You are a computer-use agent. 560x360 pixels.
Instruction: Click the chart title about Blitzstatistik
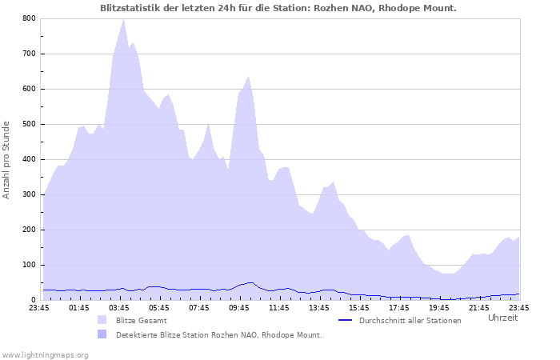point(279,8)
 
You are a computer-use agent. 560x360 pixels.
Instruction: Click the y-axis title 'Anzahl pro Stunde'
point(7,160)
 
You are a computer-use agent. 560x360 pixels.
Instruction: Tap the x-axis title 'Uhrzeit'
point(502,318)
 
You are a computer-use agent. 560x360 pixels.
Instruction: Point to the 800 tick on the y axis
point(28,18)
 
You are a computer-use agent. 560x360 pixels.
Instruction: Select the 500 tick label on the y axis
point(28,124)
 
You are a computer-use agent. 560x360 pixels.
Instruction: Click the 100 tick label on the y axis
point(28,265)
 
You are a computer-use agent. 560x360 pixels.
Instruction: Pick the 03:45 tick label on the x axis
point(119,307)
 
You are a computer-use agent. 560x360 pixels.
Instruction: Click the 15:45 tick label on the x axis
point(359,307)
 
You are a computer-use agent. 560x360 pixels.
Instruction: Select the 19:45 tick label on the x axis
point(439,307)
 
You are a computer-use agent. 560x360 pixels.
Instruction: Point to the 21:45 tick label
point(479,307)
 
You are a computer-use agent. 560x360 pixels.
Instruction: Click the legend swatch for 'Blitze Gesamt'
point(102,320)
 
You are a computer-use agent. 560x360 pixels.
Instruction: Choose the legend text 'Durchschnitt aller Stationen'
point(410,320)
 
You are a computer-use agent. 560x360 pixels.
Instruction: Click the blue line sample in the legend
point(346,320)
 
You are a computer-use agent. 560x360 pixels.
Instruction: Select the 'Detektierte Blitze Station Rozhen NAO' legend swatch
point(102,334)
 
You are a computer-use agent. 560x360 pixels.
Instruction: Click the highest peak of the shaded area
point(123,19)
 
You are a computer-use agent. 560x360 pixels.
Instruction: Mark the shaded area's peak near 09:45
point(249,77)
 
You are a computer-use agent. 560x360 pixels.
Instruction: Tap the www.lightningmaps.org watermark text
point(45,354)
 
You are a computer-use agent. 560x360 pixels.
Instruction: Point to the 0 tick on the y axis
point(33,300)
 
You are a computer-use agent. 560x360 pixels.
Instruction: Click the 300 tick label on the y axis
point(28,194)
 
